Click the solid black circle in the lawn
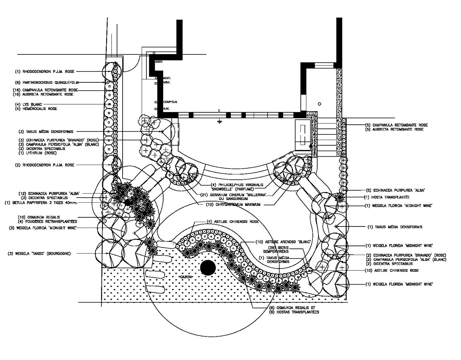tap(208, 268)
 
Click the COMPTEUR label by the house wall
tap(170, 102)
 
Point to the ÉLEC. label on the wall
tap(166, 109)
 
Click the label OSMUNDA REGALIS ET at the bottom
tap(291, 308)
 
